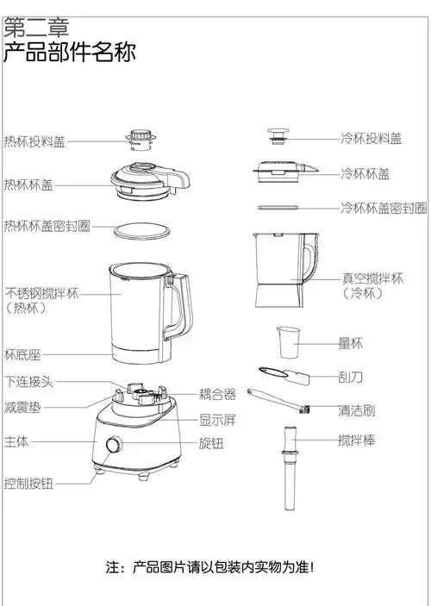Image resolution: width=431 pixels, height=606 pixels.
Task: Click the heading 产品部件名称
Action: [x=69, y=52]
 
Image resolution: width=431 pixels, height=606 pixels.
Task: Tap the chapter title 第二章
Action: [x=36, y=26]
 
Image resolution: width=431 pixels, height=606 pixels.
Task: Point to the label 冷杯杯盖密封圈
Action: [x=383, y=208]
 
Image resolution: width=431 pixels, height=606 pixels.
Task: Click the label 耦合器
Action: [x=217, y=395]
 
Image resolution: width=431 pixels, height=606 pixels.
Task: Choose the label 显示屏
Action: [x=217, y=421]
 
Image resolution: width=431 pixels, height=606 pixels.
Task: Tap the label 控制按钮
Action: [x=28, y=484]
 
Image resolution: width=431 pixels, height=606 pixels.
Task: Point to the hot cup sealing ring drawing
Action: [x=142, y=229]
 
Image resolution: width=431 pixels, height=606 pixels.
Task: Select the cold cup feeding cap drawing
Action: [x=278, y=138]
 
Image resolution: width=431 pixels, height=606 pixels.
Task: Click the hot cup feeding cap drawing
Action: [x=141, y=140]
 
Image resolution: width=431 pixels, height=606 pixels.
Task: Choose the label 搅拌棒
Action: [x=356, y=441]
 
